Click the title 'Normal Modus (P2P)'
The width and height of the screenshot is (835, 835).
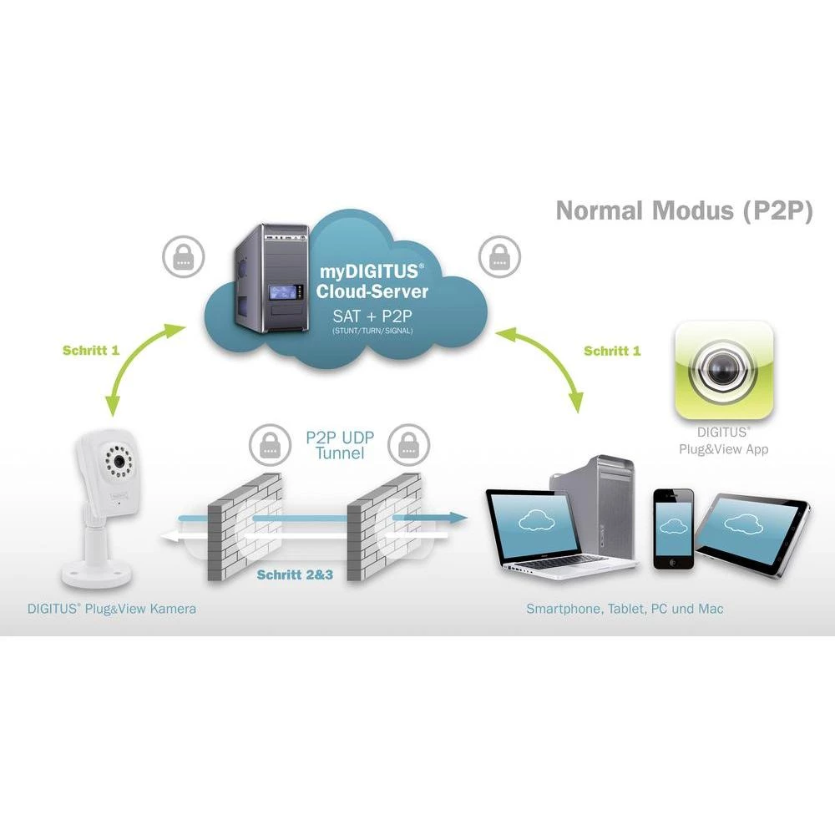coord(684,210)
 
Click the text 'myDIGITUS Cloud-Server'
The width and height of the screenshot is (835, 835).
coord(372,281)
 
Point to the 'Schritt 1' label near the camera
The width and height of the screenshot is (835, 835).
coord(91,350)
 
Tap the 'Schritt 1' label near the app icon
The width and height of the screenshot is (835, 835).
coord(612,351)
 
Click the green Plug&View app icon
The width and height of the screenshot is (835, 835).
coord(724,369)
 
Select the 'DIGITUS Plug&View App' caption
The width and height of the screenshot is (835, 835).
coord(723,441)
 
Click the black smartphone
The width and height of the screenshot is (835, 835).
coord(673,528)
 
